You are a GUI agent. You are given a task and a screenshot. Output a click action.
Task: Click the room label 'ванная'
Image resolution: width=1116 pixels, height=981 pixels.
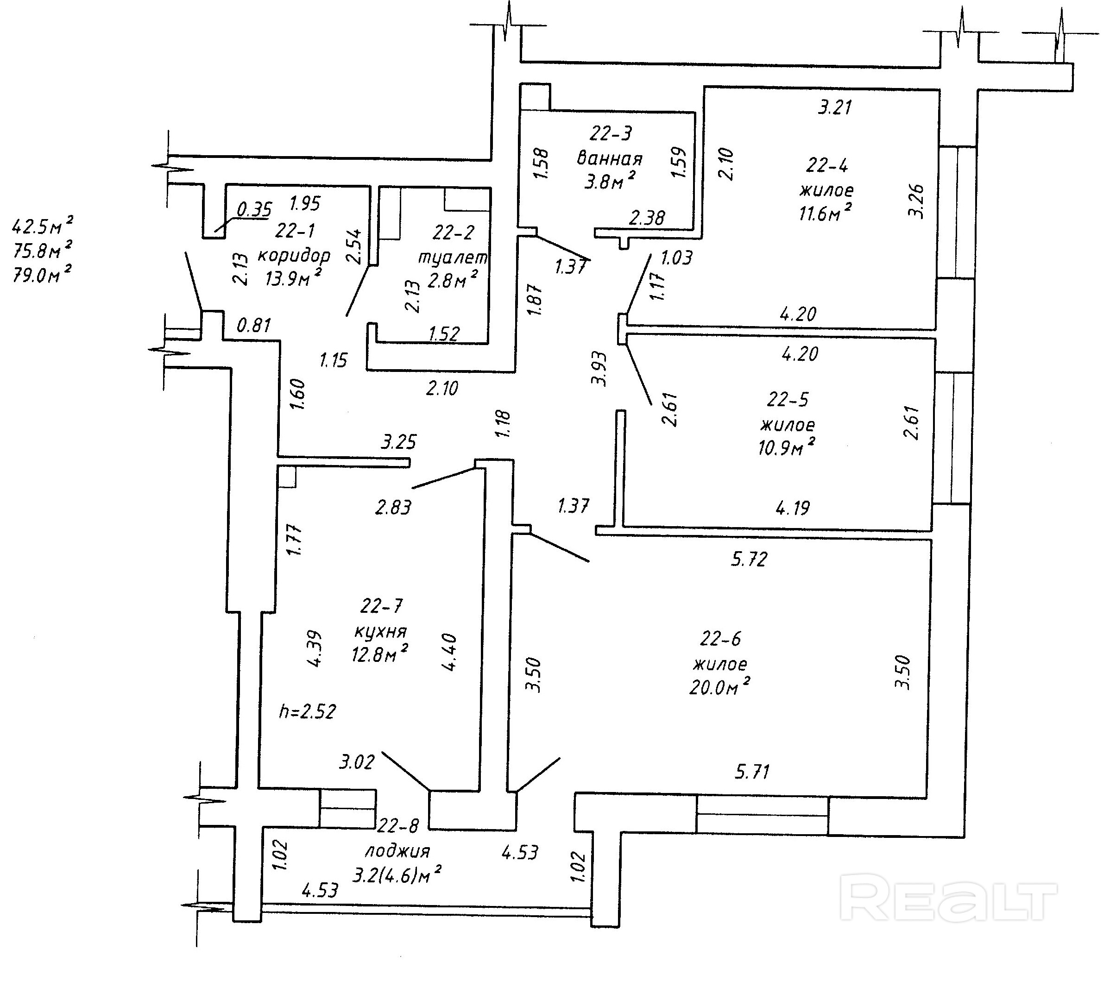(x=609, y=158)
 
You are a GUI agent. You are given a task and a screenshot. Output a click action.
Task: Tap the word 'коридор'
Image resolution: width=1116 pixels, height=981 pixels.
(x=294, y=256)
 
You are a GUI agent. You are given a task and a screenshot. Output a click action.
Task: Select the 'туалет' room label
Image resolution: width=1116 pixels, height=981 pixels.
(x=453, y=257)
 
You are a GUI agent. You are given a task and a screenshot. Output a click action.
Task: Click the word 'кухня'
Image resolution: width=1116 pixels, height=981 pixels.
(x=380, y=632)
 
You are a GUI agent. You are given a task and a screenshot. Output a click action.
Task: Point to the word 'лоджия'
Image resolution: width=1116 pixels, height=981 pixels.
(x=397, y=851)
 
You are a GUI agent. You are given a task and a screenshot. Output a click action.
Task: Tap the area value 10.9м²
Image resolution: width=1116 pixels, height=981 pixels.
(x=786, y=447)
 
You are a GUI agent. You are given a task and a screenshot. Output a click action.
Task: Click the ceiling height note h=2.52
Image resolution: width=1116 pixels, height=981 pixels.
(x=308, y=711)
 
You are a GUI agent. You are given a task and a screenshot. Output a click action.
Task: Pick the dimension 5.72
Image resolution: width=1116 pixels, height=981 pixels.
(x=749, y=559)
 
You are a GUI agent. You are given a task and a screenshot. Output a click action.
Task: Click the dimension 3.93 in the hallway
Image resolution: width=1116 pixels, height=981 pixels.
(x=599, y=369)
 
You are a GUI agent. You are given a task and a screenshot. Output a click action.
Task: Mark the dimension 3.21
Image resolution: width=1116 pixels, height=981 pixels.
(x=835, y=107)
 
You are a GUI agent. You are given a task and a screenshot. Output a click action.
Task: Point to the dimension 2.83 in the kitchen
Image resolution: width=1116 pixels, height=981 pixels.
(x=393, y=508)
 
